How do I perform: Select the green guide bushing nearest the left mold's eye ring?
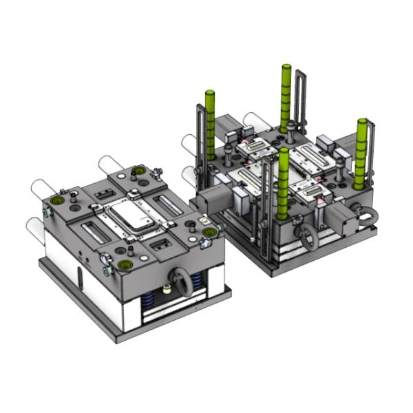click(x=125, y=265)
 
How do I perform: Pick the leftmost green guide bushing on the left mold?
click(x=56, y=199)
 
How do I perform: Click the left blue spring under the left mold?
click(x=148, y=301)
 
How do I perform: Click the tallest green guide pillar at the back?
click(x=285, y=96)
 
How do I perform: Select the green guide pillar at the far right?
click(x=361, y=153)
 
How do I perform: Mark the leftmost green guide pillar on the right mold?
click(x=211, y=124)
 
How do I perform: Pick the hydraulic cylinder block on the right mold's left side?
click(x=206, y=200)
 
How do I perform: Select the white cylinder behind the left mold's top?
click(x=111, y=165)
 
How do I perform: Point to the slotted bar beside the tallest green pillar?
click(x=301, y=100)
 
